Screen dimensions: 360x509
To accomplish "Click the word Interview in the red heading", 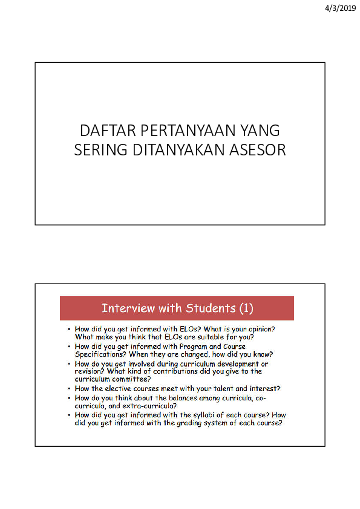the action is [128, 308].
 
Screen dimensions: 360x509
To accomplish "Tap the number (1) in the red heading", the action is [246, 308].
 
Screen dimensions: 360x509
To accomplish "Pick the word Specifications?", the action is [103, 354].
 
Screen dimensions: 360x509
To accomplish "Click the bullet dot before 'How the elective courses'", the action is [69, 389].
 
